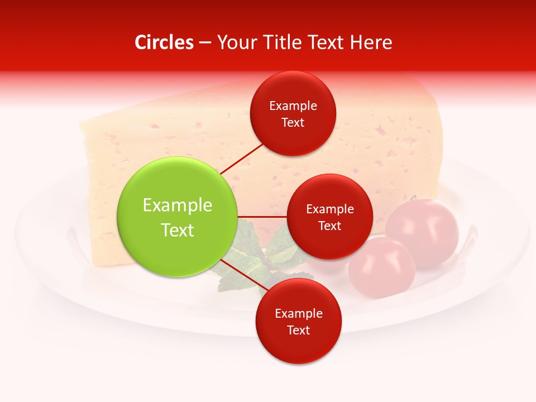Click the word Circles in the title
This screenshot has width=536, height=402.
click(164, 42)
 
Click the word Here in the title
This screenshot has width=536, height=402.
click(371, 42)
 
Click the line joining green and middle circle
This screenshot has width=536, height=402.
click(262, 217)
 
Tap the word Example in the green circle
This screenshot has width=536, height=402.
click(178, 205)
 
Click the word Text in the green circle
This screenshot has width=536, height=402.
click(178, 230)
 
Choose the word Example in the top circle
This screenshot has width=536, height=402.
click(293, 106)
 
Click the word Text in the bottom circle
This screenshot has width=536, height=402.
click(298, 330)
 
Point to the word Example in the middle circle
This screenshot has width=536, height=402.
click(329, 209)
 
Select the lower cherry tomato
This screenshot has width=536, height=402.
click(382, 267)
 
